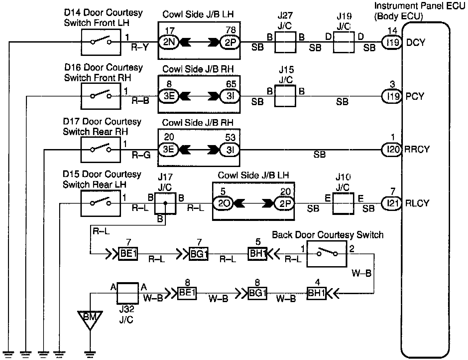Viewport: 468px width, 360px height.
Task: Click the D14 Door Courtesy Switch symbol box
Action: pyautogui.click(x=101, y=42)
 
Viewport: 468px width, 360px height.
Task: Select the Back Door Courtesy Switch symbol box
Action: pyautogui.click(x=326, y=254)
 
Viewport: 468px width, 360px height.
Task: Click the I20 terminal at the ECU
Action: pyautogui.click(x=392, y=149)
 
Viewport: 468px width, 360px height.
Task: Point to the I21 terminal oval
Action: pyautogui.click(x=392, y=203)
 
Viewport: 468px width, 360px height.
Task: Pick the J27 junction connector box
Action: pyautogui.click(x=285, y=42)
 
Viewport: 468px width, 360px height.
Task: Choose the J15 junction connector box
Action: pyautogui.click(x=285, y=96)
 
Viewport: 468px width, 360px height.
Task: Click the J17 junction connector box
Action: pyautogui.click(x=165, y=203)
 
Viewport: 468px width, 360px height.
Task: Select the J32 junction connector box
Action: pyautogui.click(x=127, y=293)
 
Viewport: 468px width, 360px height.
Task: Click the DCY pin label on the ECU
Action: pyautogui.click(x=415, y=43)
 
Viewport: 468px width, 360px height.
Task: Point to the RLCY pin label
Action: pyautogui.click(x=417, y=203)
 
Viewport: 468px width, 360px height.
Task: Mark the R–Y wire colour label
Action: pyautogui.click(x=140, y=47)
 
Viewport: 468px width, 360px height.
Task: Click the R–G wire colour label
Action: pyautogui.click(x=141, y=155)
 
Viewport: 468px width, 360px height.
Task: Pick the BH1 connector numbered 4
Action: pyautogui.click(x=316, y=293)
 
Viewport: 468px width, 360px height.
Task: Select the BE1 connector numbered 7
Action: pyautogui.click(x=128, y=254)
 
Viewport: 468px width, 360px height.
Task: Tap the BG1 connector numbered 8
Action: pyautogui.click(x=258, y=293)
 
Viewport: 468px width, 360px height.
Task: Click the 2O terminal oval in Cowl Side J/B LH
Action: pyautogui.click(x=223, y=203)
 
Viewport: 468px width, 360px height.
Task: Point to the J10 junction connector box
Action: pyautogui.click(x=343, y=203)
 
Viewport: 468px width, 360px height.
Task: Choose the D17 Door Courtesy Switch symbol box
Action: pyautogui.click(x=101, y=150)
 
